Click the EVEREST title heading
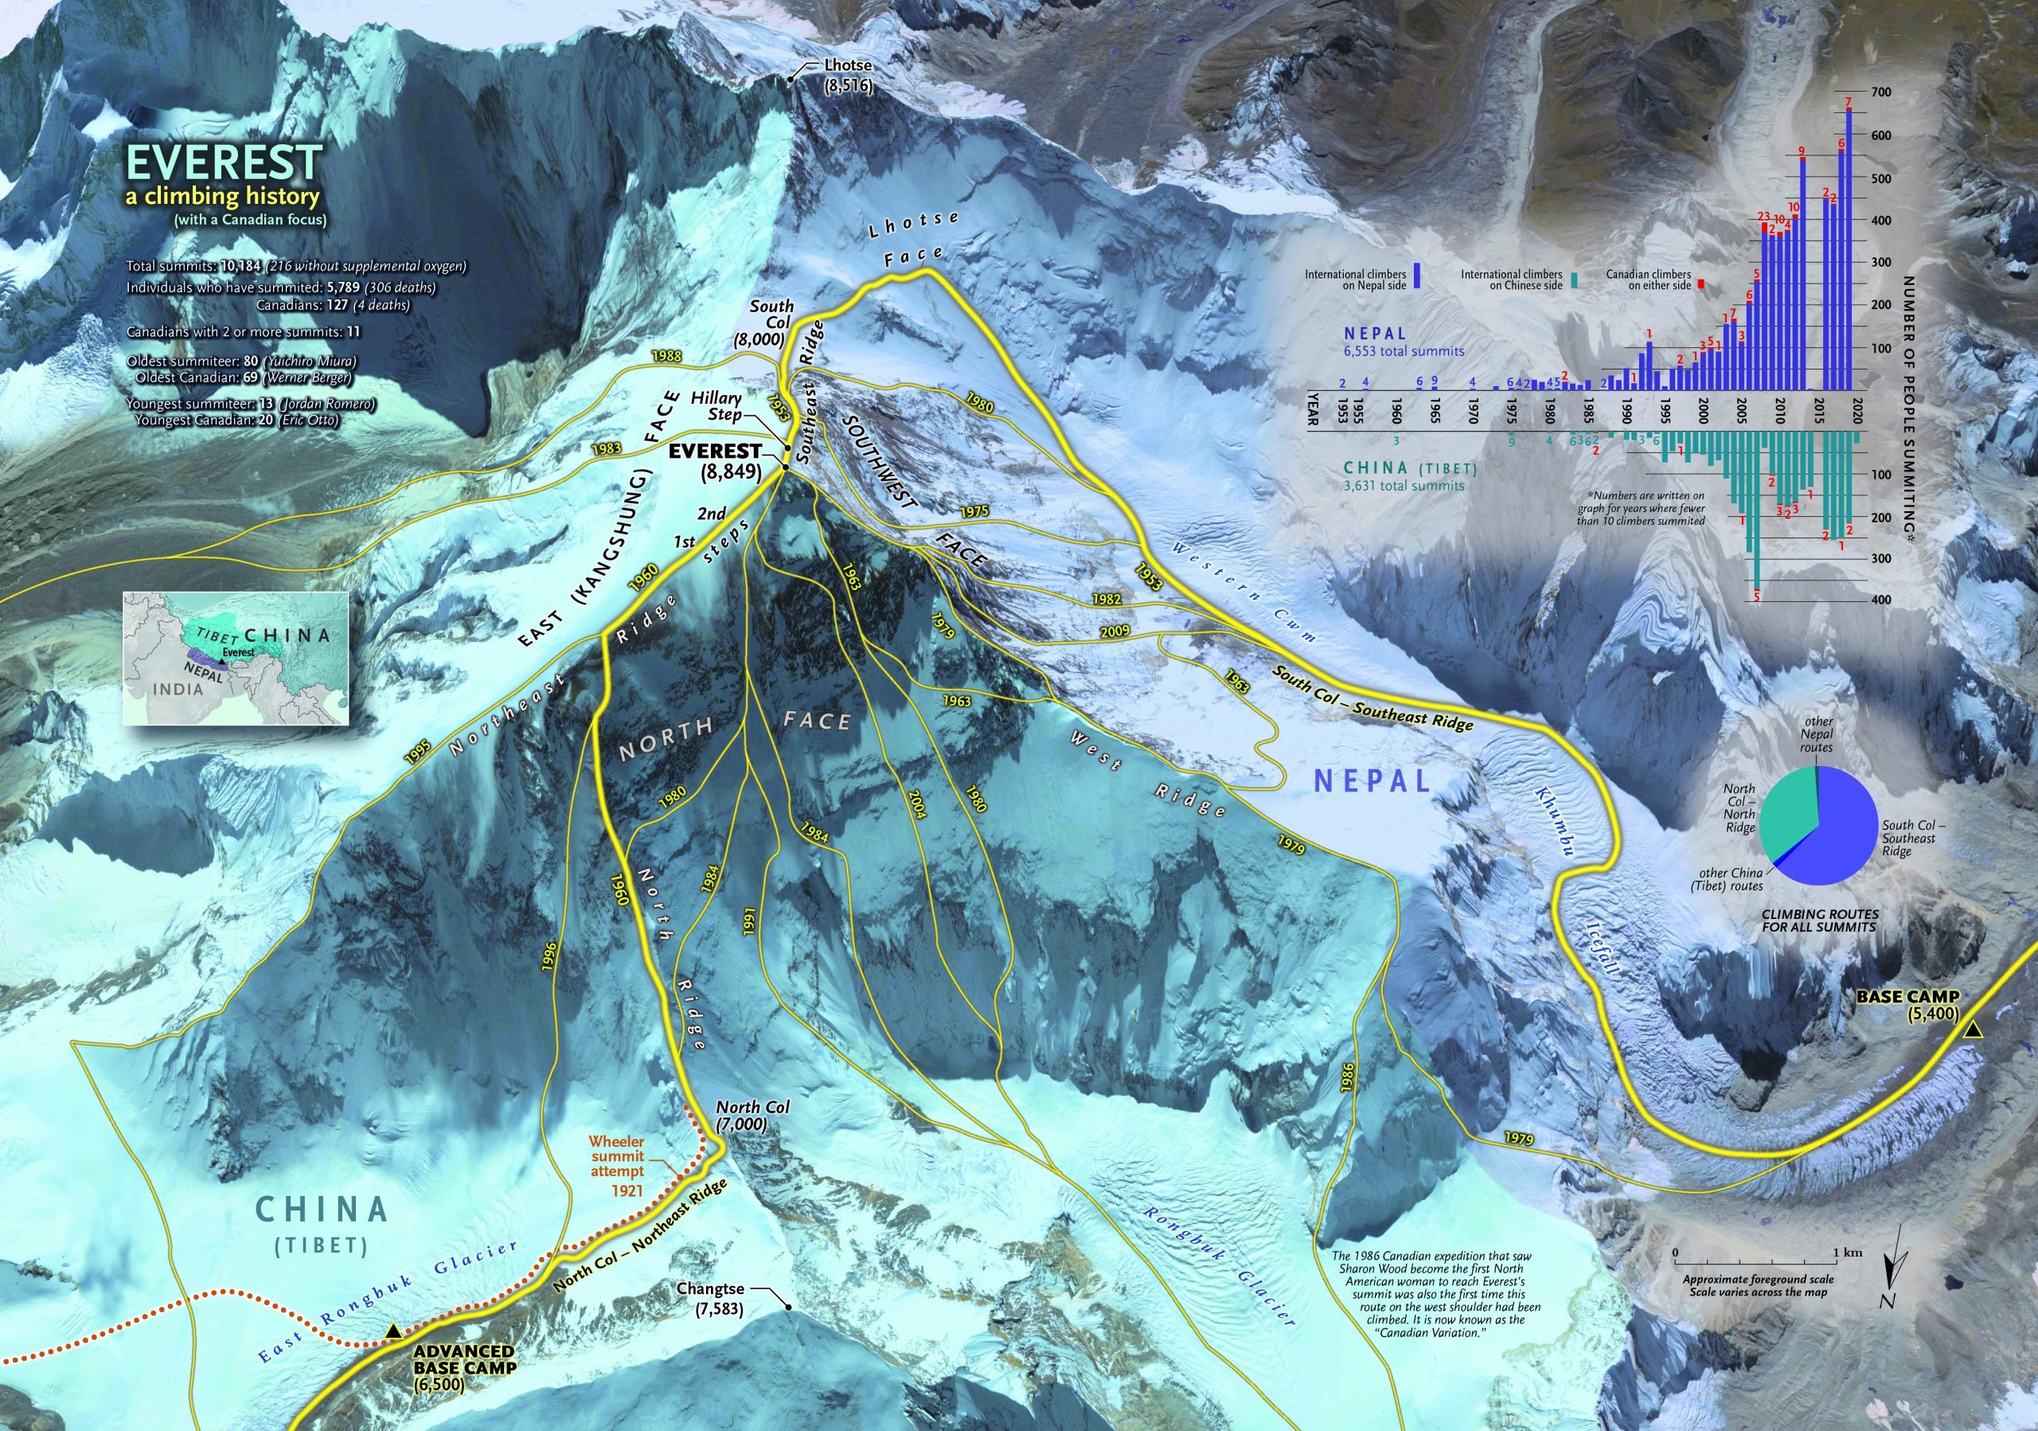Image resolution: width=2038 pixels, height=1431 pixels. click(224, 163)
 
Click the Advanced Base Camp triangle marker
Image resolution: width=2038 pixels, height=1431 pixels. click(391, 1331)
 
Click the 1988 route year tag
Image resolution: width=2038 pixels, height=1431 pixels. click(666, 356)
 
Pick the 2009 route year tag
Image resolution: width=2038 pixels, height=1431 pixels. click(1112, 633)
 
